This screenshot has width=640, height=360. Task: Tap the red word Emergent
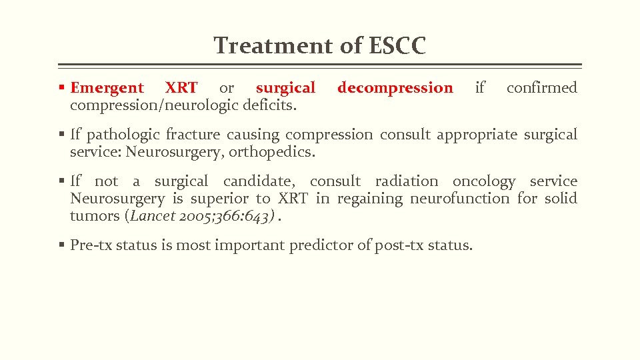[107, 88]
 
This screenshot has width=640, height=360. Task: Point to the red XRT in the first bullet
[181, 88]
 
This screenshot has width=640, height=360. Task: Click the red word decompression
[395, 88]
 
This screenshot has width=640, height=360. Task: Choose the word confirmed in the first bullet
[541, 88]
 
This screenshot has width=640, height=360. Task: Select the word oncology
[483, 181]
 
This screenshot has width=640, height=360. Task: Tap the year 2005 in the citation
[190, 216]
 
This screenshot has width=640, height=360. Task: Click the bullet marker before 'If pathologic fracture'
[62, 135]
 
